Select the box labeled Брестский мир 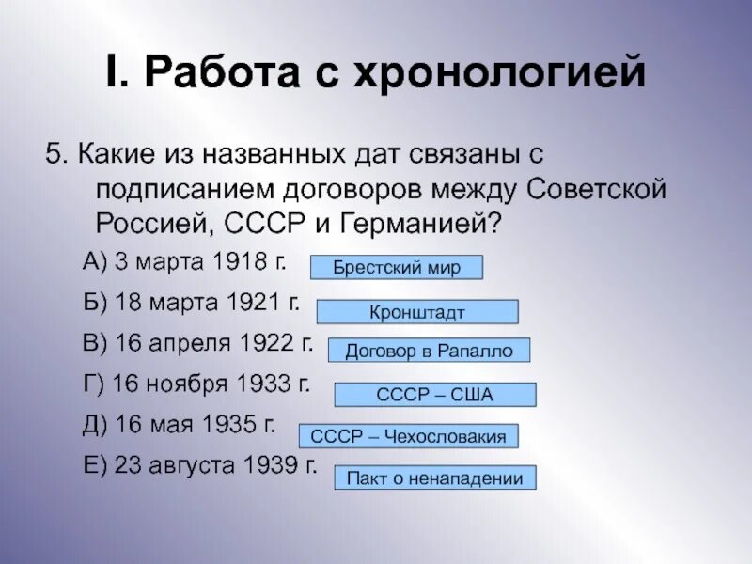[397, 268]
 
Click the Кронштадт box [416, 312]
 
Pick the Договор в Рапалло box [429, 351]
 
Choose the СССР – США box [434, 395]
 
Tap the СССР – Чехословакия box [408, 436]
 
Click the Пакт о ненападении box [434, 478]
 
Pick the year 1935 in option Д [229, 424]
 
